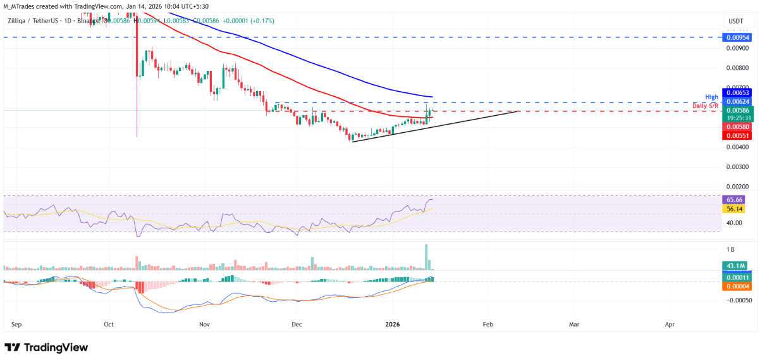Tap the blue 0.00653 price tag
click(736, 93)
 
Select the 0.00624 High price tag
click(736, 101)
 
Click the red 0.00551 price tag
click(736, 135)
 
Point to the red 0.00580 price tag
click(736, 127)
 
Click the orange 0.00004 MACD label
click(736, 286)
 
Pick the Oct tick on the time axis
click(109, 324)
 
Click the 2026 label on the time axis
click(393, 324)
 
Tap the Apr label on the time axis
click(670, 324)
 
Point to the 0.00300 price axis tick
click(736, 167)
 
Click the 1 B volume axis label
click(730, 249)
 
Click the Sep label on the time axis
click(16, 324)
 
